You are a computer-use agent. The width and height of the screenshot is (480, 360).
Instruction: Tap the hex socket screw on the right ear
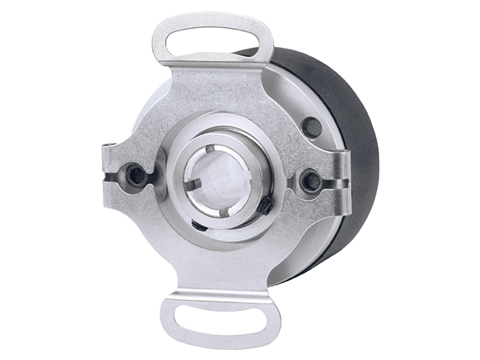point(311,180)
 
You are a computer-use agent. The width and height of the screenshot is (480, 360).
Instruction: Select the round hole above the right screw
point(311,127)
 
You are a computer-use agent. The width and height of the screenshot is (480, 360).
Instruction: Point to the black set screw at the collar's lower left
point(199,225)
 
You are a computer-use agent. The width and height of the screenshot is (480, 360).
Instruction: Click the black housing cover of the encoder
point(354,150)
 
